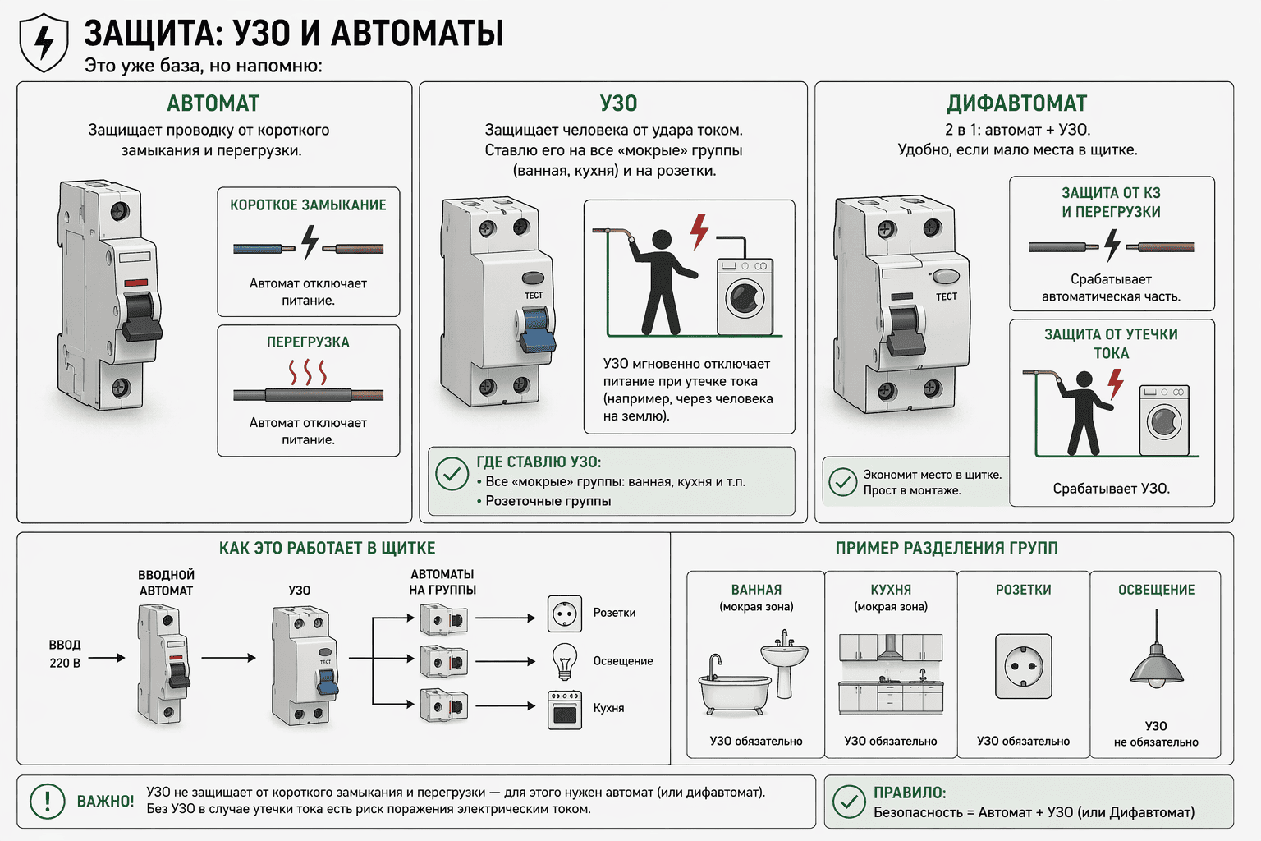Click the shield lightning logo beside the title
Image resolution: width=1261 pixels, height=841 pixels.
click(x=44, y=43)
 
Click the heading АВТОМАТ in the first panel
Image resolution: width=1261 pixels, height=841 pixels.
click(x=213, y=103)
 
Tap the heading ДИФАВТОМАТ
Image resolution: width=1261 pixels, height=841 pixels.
click(x=1016, y=103)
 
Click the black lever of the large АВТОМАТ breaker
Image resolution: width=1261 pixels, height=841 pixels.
click(x=140, y=318)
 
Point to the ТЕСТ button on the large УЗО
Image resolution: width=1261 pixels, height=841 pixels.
click(x=533, y=278)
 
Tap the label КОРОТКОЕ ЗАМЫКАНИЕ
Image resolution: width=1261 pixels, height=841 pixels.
click(x=308, y=205)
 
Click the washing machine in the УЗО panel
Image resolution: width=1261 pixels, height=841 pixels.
click(x=745, y=296)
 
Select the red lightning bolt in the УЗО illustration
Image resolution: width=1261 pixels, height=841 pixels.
click(x=699, y=231)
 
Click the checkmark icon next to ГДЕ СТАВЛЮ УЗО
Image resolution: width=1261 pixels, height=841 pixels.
click(x=452, y=474)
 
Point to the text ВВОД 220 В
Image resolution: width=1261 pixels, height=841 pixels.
click(x=65, y=654)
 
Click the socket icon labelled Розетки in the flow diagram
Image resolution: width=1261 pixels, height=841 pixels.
click(x=565, y=614)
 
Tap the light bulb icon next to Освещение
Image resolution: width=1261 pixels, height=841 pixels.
click(x=565, y=660)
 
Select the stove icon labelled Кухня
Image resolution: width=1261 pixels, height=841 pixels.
click(x=565, y=710)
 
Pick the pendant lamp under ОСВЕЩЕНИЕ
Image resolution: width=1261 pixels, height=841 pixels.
click(x=1156, y=665)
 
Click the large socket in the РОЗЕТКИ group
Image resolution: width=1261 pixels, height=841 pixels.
click(x=1023, y=666)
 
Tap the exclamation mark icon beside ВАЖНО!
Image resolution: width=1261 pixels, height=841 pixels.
click(x=48, y=801)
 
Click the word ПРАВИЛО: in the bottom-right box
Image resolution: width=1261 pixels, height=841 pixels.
click(x=910, y=793)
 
